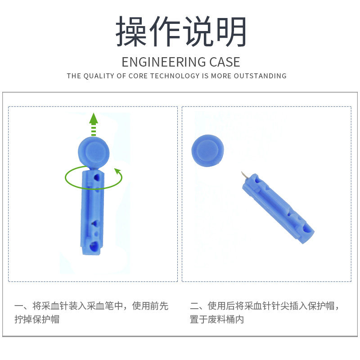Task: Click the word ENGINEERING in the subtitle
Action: point(157,62)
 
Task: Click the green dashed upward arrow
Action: point(93,124)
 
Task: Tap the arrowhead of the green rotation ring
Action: point(118,171)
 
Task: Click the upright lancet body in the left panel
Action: point(93,211)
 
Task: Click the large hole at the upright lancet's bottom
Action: point(93,246)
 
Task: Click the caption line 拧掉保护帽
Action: point(37,320)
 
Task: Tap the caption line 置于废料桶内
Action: point(217,320)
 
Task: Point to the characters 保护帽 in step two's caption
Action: point(321,306)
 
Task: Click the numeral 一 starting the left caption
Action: point(18,306)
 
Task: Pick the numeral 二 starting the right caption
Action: point(194,306)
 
